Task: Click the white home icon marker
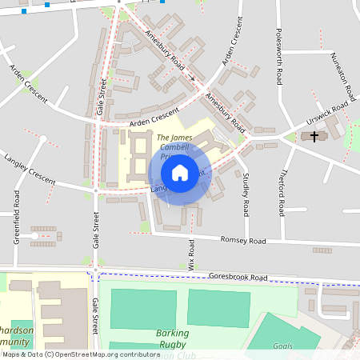180,172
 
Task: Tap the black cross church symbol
314,137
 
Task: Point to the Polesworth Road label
279,56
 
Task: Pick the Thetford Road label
282,195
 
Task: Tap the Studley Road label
246,194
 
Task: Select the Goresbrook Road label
238,277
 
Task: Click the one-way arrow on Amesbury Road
191,78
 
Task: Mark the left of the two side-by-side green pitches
142,309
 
